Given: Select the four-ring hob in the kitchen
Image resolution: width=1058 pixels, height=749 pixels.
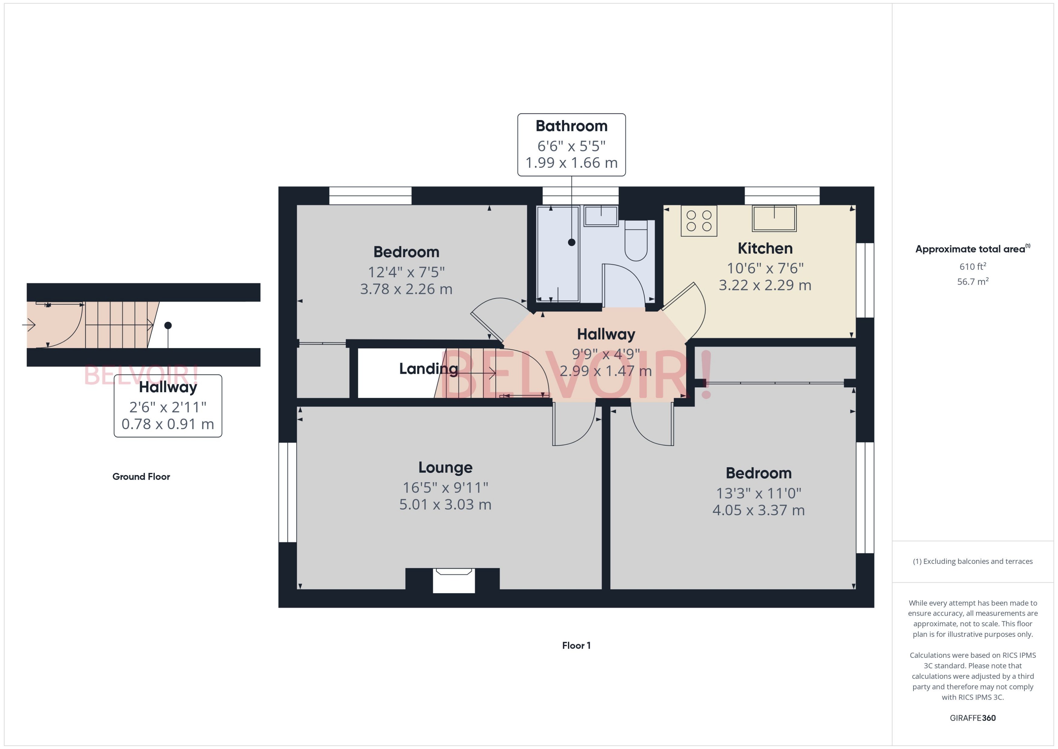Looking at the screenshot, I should (699, 221).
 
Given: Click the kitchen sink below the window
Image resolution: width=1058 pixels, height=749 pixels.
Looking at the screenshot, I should (774, 218).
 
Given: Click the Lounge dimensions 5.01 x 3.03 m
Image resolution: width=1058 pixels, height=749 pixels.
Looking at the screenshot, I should (445, 505).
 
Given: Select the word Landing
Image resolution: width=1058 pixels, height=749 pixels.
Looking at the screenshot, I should (428, 369).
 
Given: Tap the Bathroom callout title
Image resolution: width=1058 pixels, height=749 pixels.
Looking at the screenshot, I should (571, 126).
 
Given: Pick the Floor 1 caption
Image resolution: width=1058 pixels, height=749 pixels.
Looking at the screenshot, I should (576, 646).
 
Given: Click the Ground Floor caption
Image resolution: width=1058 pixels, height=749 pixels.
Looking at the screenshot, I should (141, 477).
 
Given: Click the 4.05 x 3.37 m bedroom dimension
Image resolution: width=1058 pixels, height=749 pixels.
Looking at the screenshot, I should (758, 510).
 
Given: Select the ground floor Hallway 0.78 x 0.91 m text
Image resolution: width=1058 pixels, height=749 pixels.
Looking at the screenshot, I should (168, 424).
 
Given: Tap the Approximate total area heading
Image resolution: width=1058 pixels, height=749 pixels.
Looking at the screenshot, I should (970, 249).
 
